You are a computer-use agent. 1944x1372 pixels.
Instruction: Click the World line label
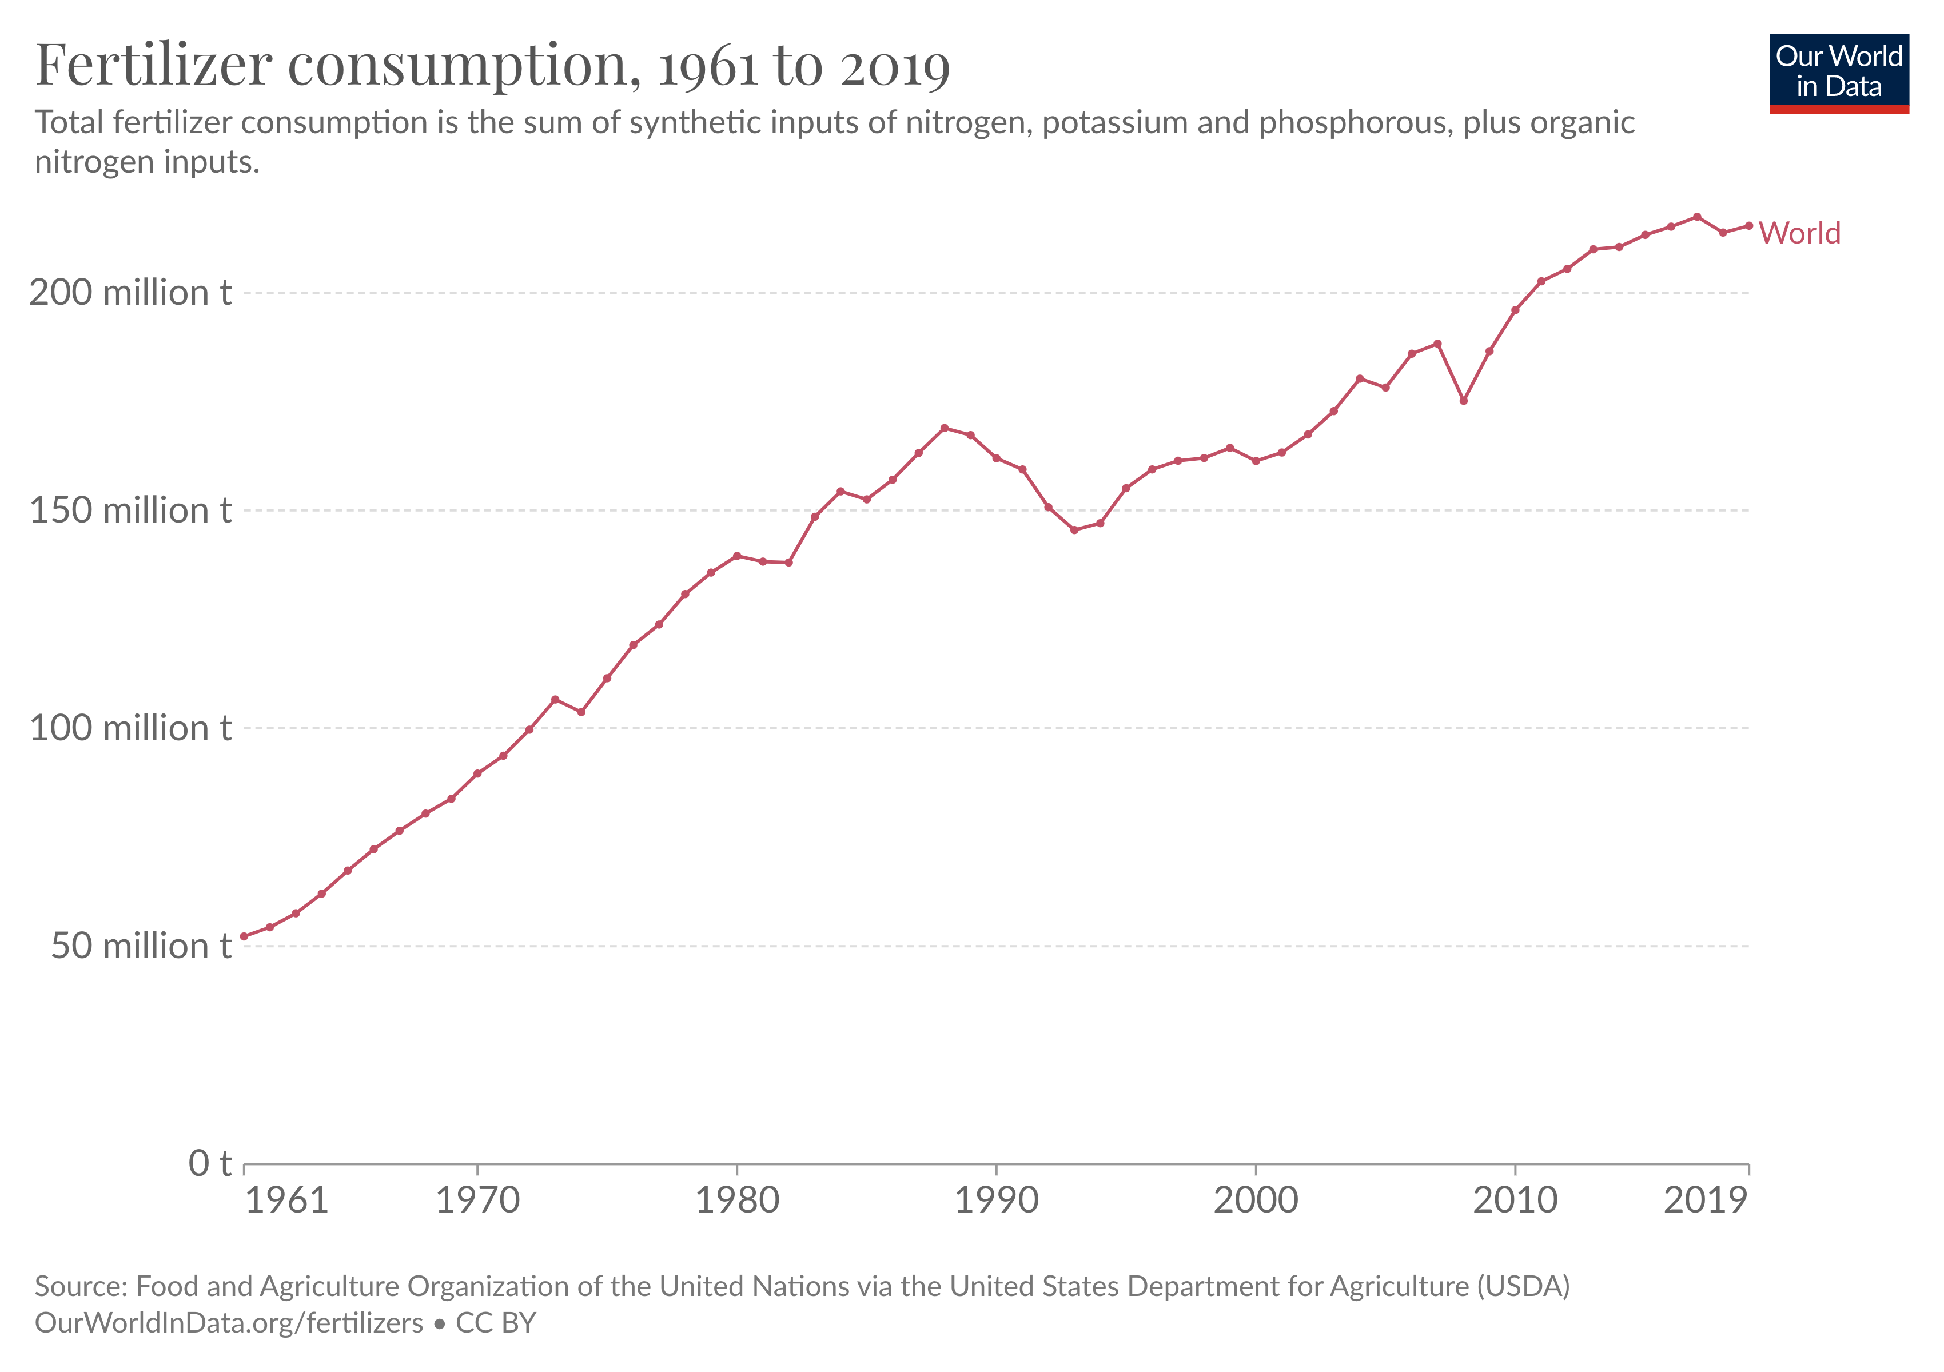(x=1799, y=233)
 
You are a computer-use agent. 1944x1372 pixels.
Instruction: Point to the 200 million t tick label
(x=130, y=293)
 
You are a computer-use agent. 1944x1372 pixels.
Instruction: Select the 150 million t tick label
(x=130, y=510)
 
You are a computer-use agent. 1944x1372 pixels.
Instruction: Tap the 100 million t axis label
(x=130, y=728)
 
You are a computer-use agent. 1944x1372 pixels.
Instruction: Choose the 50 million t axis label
(x=141, y=946)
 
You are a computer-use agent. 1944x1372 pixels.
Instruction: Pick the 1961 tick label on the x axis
(x=286, y=1200)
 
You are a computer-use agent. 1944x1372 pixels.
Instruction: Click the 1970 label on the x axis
(x=477, y=1200)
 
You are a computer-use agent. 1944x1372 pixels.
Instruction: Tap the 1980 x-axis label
(x=736, y=1200)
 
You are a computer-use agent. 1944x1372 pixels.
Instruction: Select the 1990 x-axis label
(x=997, y=1200)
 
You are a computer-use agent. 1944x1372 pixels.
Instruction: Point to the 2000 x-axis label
(x=1256, y=1200)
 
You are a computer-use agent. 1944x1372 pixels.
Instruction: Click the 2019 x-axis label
(x=1705, y=1200)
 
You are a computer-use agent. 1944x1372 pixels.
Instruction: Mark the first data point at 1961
(x=244, y=936)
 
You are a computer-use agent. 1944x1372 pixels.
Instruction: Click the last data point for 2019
(x=1748, y=226)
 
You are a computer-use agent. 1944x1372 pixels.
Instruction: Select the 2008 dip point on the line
(x=1463, y=400)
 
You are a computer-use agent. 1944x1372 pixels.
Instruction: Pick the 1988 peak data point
(x=944, y=428)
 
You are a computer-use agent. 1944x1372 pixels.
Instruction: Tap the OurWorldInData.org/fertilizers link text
(x=229, y=1323)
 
